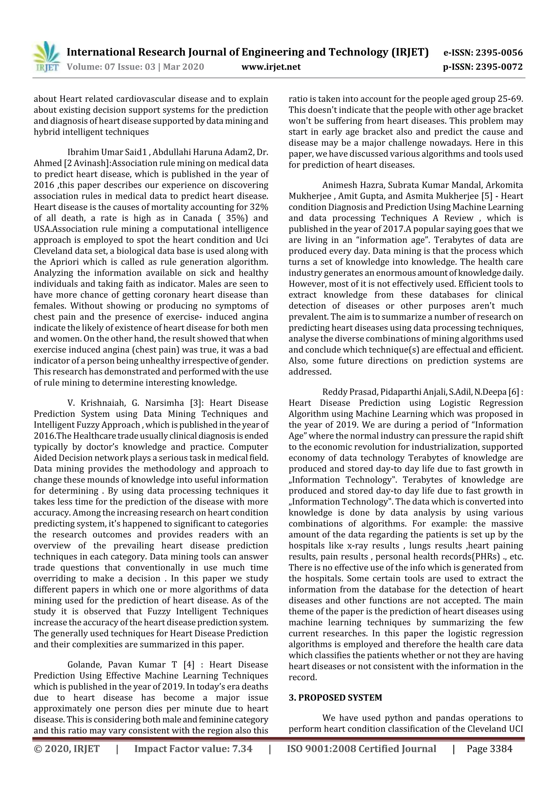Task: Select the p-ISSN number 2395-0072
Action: tap(499, 67)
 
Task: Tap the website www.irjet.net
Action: tap(271, 67)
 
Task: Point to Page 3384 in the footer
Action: tap(489, 749)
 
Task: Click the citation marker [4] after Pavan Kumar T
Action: tap(189, 665)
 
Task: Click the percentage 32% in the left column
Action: tap(260, 207)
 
